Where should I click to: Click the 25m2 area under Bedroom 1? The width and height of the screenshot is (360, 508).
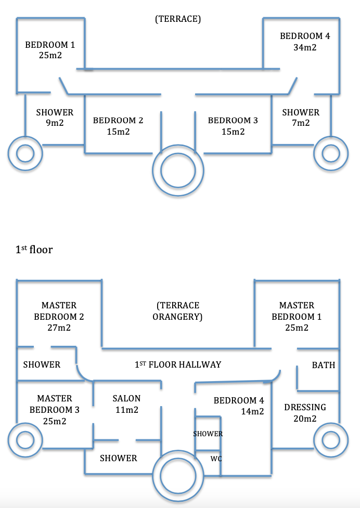pos(50,55)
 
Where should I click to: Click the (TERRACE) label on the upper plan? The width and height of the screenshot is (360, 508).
pos(178,19)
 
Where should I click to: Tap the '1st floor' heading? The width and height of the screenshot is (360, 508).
pos(34,250)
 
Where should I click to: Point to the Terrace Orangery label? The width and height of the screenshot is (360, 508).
pos(178,311)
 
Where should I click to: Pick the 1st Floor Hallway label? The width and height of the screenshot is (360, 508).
pos(178,364)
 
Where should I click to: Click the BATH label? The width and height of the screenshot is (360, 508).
pos(324,365)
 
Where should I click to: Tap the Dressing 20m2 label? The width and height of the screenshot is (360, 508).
pos(305,413)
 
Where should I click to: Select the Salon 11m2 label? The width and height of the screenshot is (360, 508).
pos(127,404)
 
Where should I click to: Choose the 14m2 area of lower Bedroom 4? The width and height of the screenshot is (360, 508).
pos(252,411)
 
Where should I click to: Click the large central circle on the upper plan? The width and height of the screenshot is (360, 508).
pos(178,170)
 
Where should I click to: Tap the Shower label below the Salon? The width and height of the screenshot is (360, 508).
pos(119,458)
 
